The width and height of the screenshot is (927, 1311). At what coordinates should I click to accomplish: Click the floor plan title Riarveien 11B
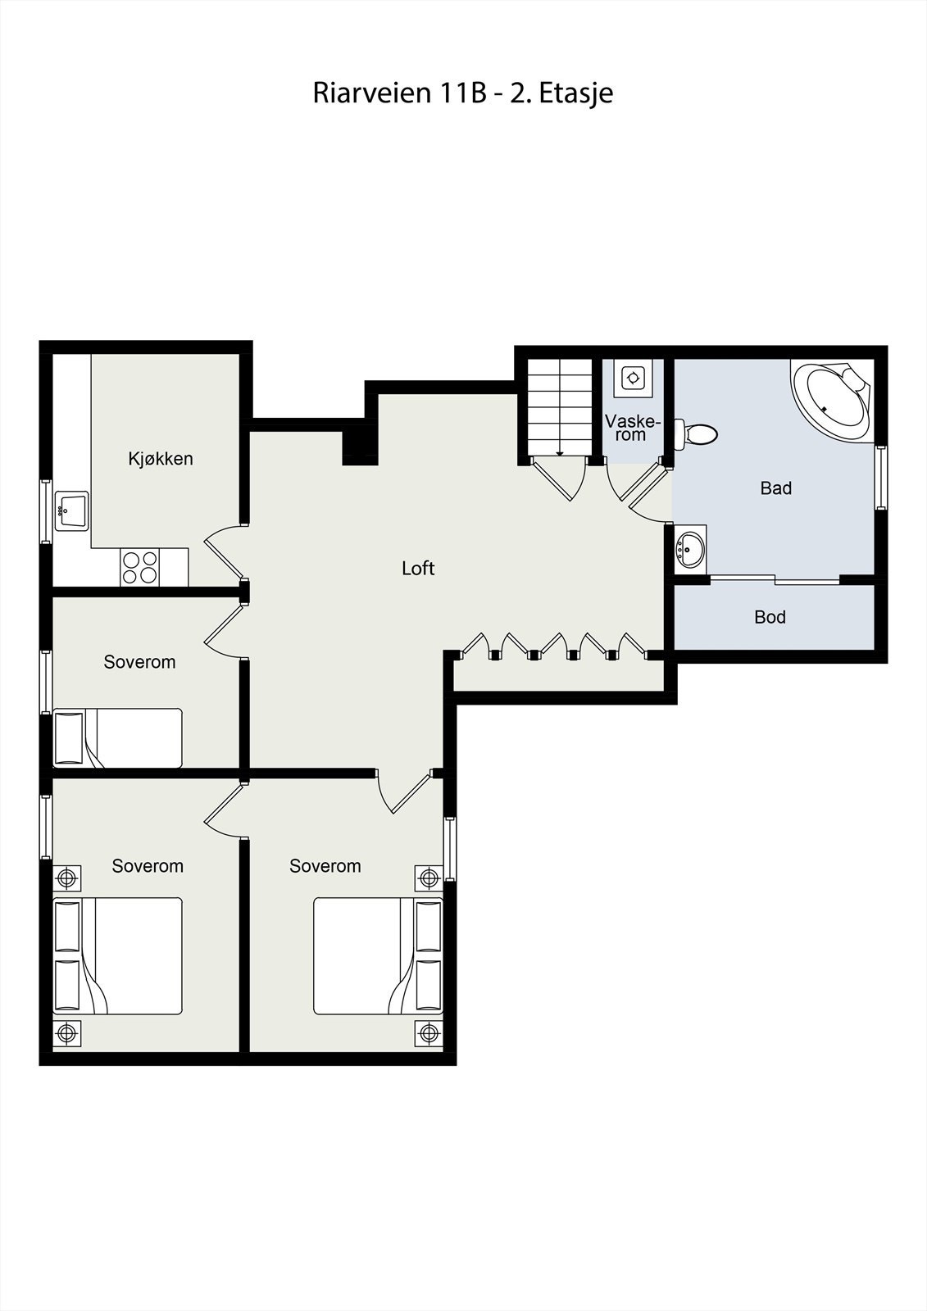pyautogui.click(x=462, y=93)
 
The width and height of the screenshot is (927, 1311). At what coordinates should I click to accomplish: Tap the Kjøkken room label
pyautogui.click(x=161, y=459)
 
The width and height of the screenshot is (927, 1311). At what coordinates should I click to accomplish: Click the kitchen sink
pyautogui.click(x=71, y=511)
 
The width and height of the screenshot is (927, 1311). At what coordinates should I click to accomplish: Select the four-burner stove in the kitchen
pyautogui.click(x=139, y=567)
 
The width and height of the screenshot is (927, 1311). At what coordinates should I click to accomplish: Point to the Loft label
pyautogui.click(x=418, y=568)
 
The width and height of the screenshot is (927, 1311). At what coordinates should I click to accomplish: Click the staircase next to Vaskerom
pyautogui.click(x=559, y=407)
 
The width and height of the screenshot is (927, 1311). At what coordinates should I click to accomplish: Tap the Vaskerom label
pyautogui.click(x=631, y=428)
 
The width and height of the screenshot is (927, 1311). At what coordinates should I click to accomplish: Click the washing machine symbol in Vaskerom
pyautogui.click(x=633, y=378)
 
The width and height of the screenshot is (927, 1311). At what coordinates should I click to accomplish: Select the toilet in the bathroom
pyautogui.click(x=696, y=433)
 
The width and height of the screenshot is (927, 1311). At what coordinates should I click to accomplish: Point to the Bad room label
pyautogui.click(x=775, y=488)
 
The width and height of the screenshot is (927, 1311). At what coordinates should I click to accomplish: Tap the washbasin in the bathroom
pyautogui.click(x=690, y=548)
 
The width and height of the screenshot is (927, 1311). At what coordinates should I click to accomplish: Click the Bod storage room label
pyautogui.click(x=770, y=617)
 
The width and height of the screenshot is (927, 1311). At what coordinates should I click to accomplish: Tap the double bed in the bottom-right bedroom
pyautogui.click(x=378, y=955)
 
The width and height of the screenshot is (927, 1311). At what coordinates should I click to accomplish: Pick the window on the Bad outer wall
pyautogui.click(x=881, y=477)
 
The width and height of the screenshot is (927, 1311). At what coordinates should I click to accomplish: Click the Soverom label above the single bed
pyautogui.click(x=139, y=662)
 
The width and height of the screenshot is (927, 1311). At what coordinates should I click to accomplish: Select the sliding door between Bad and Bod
pyautogui.click(x=775, y=580)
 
